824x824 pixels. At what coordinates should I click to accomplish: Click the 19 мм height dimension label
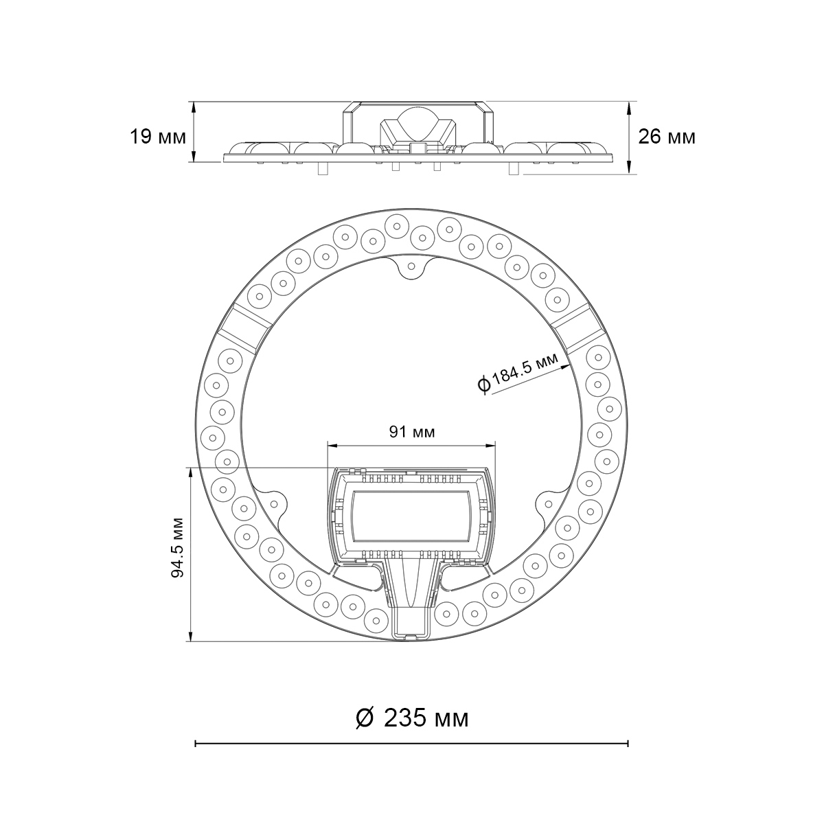(x=158, y=137)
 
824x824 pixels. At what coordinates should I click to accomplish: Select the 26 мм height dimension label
(x=667, y=137)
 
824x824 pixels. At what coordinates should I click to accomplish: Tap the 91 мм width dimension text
(x=412, y=433)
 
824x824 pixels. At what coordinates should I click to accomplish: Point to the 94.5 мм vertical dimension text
(x=177, y=548)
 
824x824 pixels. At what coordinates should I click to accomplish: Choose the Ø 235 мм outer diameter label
(x=412, y=718)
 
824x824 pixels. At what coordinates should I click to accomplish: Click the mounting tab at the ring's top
(x=411, y=266)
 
